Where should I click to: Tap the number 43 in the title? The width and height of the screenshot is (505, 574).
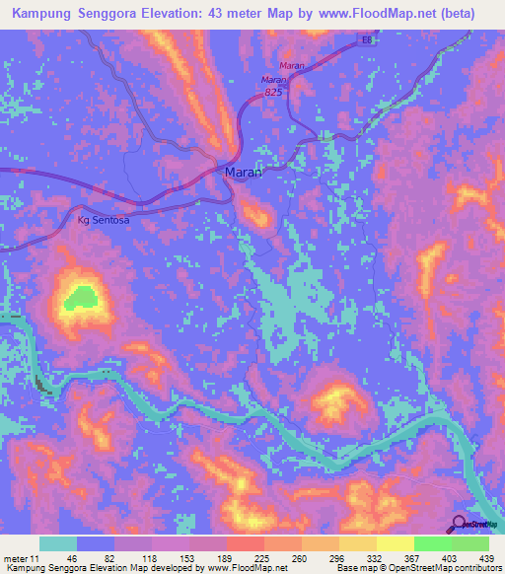pyautogui.click(x=231, y=14)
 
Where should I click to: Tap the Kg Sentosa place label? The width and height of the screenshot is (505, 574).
pyautogui.click(x=104, y=221)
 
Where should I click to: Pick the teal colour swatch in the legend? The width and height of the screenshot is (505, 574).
pyautogui.click(x=58, y=543)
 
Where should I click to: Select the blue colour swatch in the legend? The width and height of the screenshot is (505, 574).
pyautogui.click(x=96, y=543)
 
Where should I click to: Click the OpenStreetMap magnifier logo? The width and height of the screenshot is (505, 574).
pyautogui.click(x=461, y=524)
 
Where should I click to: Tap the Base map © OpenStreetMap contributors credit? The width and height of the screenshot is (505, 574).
pyautogui.click(x=419, y=568)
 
